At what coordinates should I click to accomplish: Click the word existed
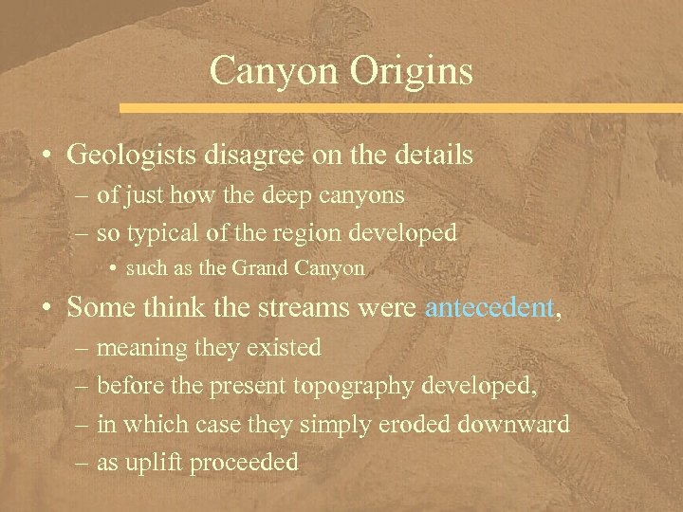284,348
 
